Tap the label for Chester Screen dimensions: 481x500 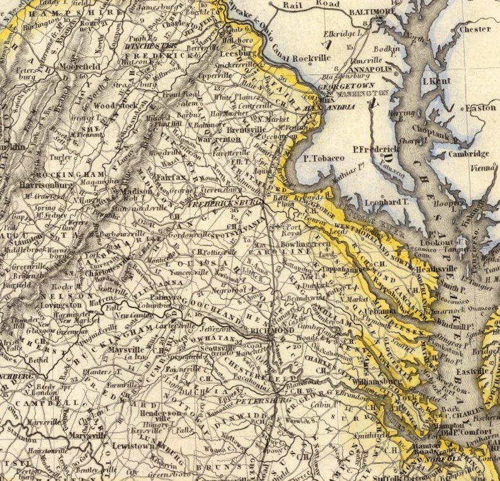(475, 29)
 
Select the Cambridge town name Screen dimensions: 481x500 (469, 154)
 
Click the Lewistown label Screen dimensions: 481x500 (133, 446)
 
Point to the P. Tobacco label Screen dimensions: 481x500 (324, 158)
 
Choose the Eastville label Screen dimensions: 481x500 (474, 371)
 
